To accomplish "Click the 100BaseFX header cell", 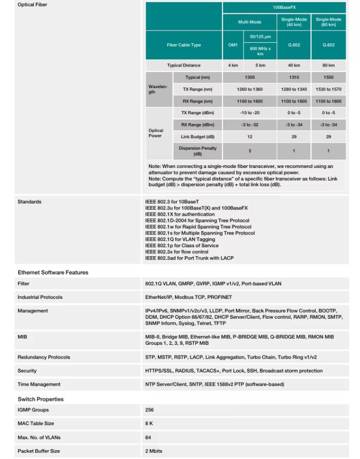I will point(284,8).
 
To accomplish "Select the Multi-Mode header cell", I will point(249,22).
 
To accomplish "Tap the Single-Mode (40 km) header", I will point(294,22).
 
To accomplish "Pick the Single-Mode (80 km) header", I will point(328,22).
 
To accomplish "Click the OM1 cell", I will point(233,45).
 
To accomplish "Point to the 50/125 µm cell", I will point(260,37).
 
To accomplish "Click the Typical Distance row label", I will point(184,65).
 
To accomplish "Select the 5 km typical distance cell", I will point(260,65).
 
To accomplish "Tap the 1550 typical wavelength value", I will point(328,78).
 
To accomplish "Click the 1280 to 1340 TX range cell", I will point(294,89).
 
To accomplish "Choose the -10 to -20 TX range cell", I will point(249,113).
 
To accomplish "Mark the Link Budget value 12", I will point(249,136).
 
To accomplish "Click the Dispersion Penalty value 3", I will point(249,151).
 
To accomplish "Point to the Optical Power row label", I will point(156,133).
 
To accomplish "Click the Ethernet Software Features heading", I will point(53,272).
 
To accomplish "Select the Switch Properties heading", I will point(40,399).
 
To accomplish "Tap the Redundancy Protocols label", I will point(44,357).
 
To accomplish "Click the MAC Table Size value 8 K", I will point(149,424).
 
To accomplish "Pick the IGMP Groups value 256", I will point(150,410).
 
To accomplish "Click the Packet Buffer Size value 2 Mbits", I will point(153,451).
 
